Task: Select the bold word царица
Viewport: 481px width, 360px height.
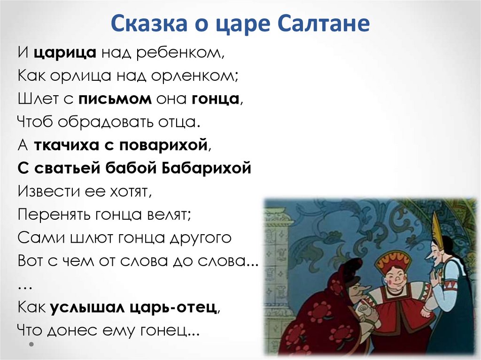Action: (x=65, y=53)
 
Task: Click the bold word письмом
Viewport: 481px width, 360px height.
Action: (x=115, y=99)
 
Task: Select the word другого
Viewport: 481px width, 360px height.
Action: (x=201, y=237)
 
